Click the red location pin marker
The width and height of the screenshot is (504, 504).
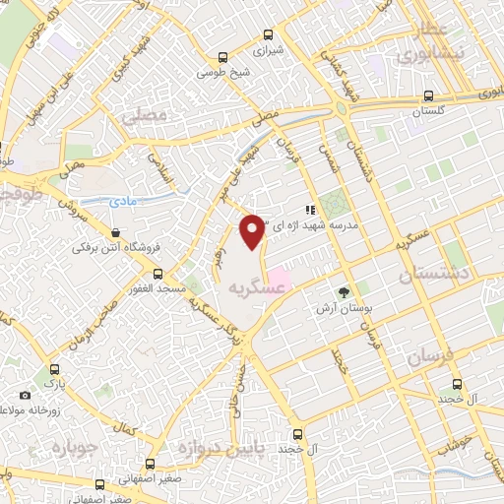[253, 228]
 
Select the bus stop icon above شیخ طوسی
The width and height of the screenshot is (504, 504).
[223, 57]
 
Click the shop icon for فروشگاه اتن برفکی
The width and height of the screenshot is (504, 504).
[116, 232]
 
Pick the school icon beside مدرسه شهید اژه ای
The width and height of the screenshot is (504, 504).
[309, 209]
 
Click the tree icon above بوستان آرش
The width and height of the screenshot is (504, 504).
[344, 291]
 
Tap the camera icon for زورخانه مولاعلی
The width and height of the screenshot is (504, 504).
[24, 395]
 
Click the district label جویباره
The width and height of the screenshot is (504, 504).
[70, 449]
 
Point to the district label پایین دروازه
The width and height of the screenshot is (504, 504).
[220, 449]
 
